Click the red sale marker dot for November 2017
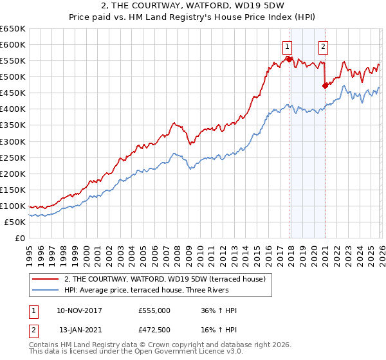289,59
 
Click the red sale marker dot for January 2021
325,85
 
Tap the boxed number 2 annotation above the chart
322,46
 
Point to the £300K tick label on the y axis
12,141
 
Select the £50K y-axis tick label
15,222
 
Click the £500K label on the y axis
12,76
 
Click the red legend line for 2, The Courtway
46,278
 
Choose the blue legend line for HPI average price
46,290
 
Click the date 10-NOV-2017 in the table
80,310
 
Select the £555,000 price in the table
154,310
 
